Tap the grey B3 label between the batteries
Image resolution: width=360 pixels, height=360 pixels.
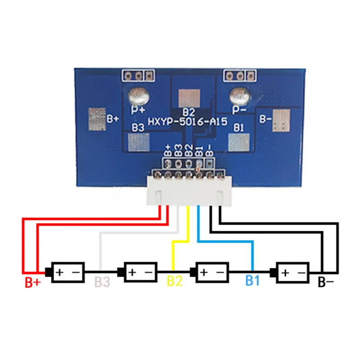102,282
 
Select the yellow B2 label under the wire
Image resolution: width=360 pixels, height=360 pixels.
175,281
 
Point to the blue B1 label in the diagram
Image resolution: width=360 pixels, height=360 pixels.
252,281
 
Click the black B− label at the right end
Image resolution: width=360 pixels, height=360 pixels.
326,283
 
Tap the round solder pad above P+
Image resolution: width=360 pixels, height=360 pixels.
137,96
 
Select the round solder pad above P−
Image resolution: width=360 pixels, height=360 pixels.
239,96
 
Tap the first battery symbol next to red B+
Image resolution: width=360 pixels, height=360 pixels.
67,272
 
